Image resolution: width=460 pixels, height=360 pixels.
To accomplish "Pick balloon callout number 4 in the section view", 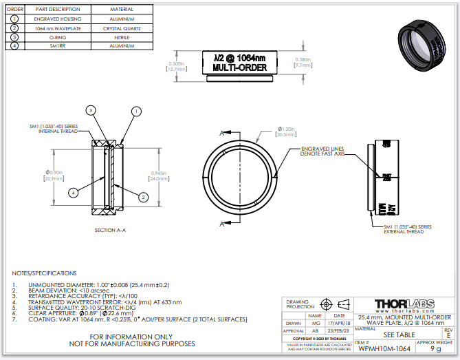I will click(x=73, y=193).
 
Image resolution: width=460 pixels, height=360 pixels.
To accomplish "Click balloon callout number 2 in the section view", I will click(x=143, y=197).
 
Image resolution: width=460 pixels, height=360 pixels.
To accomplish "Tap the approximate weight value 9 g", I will click(x=436, y=349).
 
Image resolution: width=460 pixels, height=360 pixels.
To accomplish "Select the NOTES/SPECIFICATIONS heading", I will click(x=44, y=273).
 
